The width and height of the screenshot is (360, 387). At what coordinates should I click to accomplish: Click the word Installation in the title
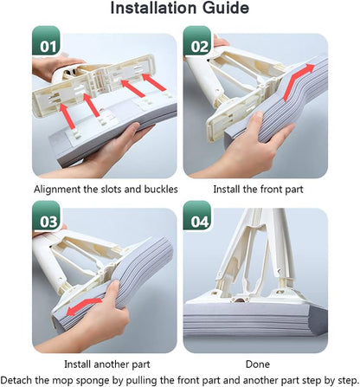154,8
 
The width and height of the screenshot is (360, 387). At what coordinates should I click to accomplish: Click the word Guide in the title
225,8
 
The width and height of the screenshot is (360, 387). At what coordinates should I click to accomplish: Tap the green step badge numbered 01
46,41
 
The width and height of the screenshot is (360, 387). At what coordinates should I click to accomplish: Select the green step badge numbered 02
197,41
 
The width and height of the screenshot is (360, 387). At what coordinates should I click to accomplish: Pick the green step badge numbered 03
46,216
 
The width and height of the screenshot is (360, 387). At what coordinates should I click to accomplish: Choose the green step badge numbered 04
197,216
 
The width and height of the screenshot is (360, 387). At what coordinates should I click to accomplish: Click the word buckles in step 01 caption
161,190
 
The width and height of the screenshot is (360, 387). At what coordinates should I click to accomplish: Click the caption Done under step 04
258,364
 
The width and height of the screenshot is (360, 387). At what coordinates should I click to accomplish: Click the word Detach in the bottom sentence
16,380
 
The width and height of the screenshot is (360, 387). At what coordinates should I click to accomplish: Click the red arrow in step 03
84,307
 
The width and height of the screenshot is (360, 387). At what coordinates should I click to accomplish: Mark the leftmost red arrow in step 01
67,116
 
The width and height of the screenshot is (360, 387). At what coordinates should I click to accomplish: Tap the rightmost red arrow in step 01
154,82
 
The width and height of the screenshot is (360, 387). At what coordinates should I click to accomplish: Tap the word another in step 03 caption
107,364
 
